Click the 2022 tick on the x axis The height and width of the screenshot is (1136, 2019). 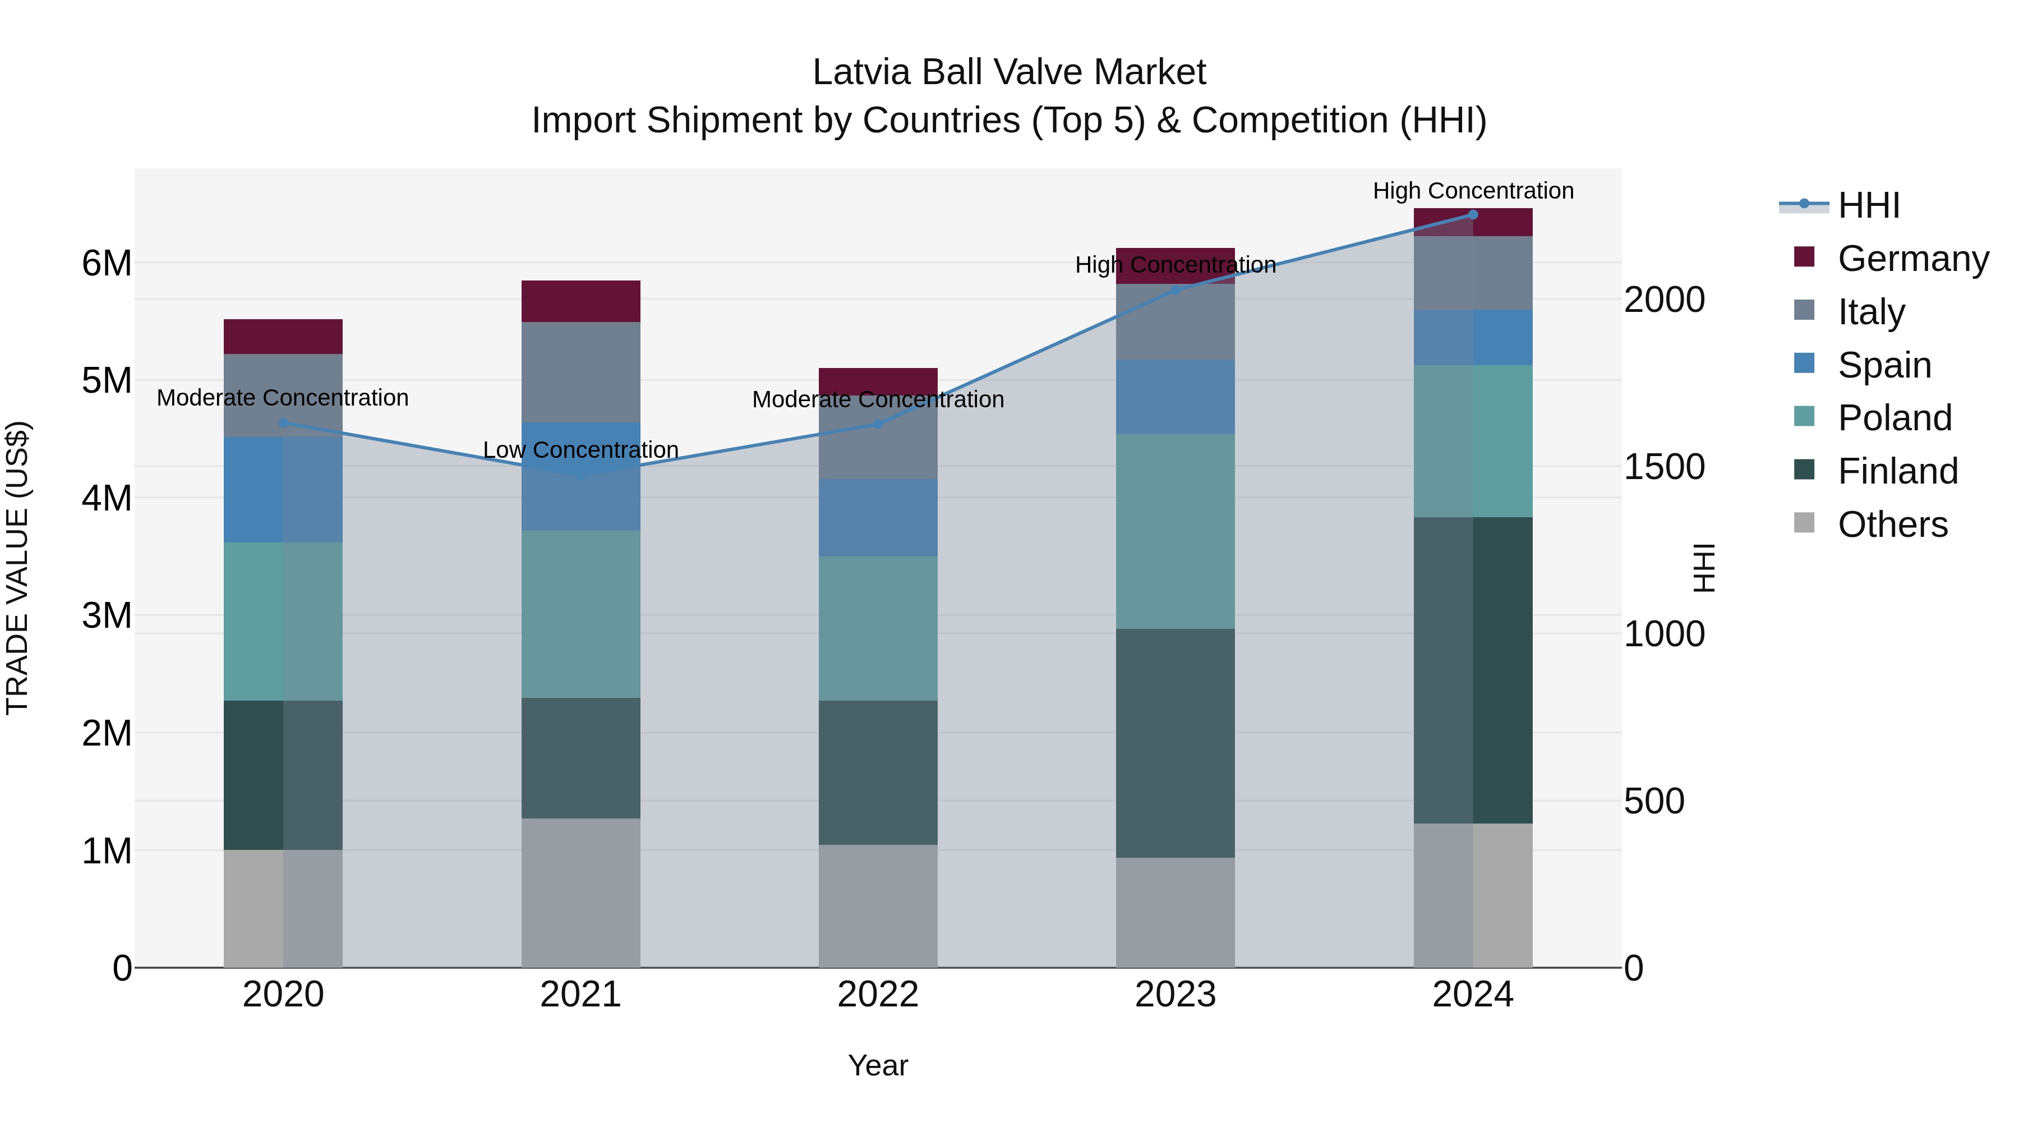click(x=878, y=995)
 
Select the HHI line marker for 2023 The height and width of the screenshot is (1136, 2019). click(x=1175, y=290)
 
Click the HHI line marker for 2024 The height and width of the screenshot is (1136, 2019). click(x=1473, y=215)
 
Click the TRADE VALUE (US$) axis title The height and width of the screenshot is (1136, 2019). click(x=17, y=568)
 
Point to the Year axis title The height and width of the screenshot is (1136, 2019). click(x=878, y=1065)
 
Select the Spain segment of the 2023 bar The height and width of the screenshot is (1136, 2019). click(x=1175, y=397)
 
